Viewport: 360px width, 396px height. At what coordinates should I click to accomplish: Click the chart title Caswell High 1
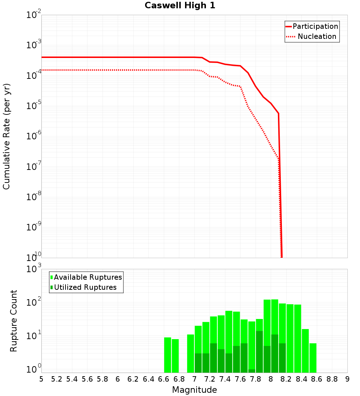(x=180, y=6)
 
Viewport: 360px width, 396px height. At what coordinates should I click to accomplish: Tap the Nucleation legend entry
(x=317, y=36)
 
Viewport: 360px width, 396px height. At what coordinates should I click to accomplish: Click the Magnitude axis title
(x=194, y=390)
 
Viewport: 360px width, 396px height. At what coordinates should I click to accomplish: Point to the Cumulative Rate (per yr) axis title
(x=6, y=136)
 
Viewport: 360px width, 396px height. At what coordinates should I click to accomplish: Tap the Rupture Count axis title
(x=14, y=321)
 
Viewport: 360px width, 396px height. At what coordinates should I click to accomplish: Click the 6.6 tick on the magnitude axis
(x=164, y=379)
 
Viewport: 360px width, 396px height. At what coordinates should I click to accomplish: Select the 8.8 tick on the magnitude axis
(x=332, y=379)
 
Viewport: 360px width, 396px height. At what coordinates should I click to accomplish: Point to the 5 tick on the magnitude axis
(x=41, y=379)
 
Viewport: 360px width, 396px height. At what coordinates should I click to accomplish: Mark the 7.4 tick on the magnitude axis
(x=225, y=379)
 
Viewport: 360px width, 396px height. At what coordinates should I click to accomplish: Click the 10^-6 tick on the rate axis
(x=34, y=136)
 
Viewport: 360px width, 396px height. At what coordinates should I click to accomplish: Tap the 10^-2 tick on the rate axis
(x=34, y=15)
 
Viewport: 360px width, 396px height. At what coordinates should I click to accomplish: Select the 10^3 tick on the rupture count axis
(x=34, y=269)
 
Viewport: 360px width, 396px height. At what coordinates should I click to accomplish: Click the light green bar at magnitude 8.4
(x=305, y=351)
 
